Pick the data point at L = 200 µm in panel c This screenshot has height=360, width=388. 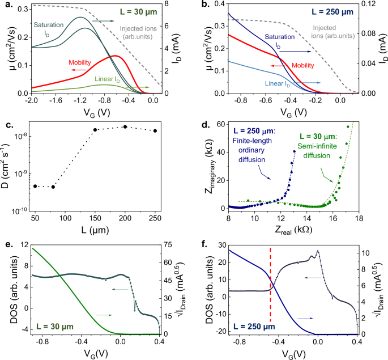pyautogui.click(x=125, y=127)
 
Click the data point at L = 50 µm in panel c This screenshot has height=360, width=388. pyautogui.click(x=35, y=186)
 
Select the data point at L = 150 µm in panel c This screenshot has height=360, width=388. pyautogui.click(x=95, y=130)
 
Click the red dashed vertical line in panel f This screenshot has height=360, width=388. pyautogui.click(x=270, y=289)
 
